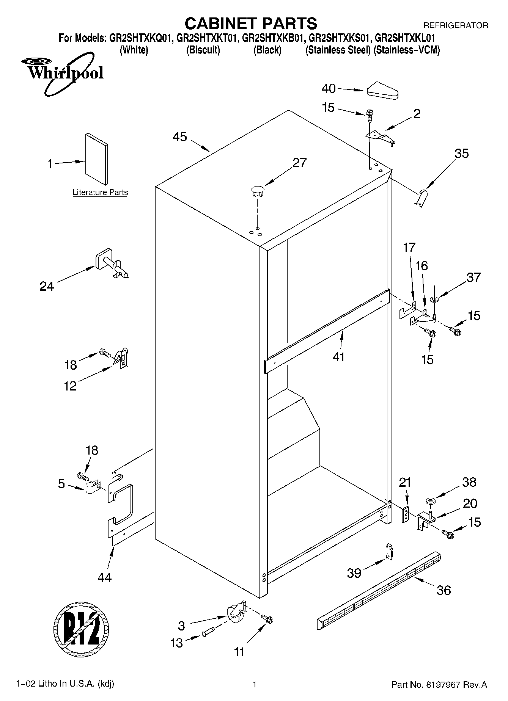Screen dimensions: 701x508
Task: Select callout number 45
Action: (x=180, y=136)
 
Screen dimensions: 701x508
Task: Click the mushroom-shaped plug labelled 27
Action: (x=257, y=191)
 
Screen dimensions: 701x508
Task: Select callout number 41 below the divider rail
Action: (x=338, y=357)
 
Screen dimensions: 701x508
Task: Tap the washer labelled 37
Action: (x=434, y=300)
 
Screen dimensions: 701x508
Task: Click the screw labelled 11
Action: (x=269, y=619)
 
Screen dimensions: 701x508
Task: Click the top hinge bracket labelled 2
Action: (x=381, y=137)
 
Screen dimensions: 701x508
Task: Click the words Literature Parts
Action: (x=100, y=193)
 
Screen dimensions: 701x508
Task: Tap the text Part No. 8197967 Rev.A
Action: (x=439, y=685)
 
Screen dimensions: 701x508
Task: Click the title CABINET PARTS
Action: (x=251, y=24)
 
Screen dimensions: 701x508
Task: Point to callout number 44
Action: (x=105, y=577)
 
